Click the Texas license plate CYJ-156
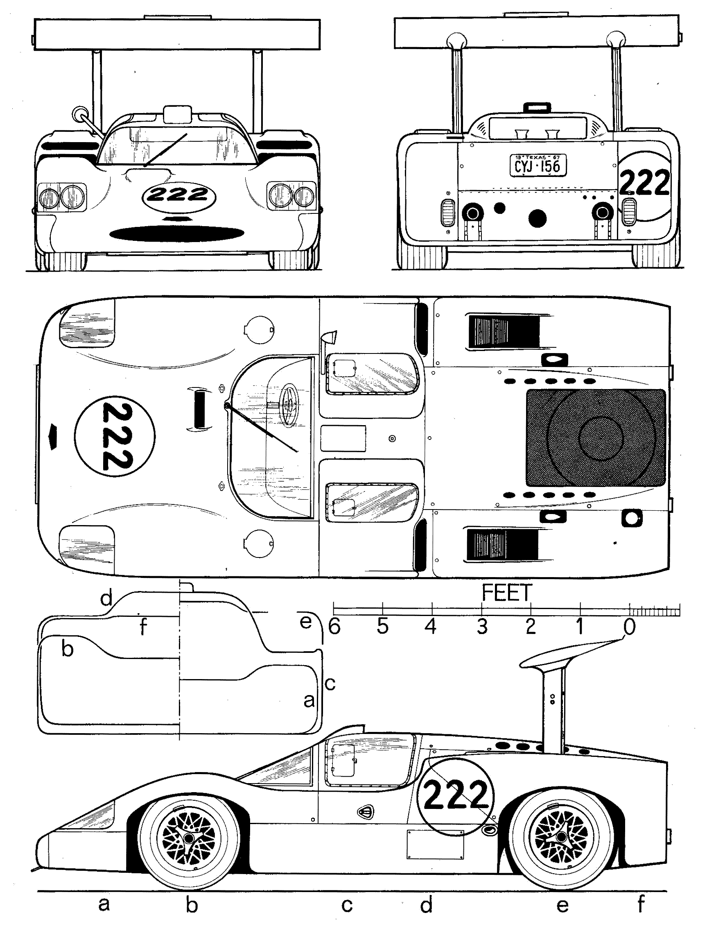pos(538,165)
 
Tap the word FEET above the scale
pos(506,593)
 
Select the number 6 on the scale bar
pos(334,626)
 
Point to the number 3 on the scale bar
pos(481,626)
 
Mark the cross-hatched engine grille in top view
pos(595,438)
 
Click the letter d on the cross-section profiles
pos(106,599)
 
